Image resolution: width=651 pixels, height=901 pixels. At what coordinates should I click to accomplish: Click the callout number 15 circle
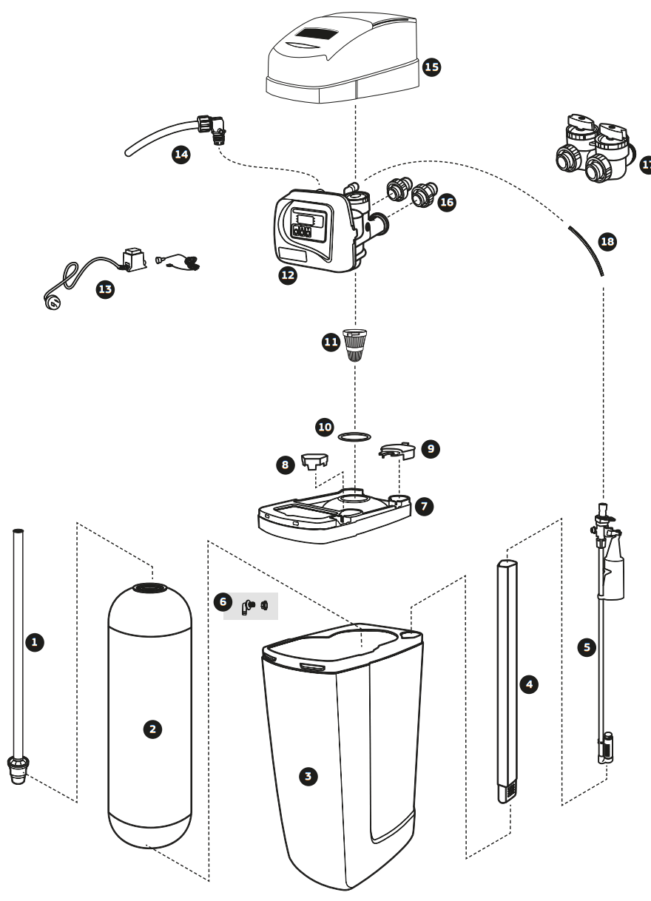[431, 67]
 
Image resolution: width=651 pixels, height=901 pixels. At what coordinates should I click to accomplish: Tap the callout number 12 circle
[287, 275]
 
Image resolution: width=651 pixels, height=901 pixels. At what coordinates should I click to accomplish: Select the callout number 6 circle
[222, 601]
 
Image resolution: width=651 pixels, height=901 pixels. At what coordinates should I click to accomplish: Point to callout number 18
[607, 241]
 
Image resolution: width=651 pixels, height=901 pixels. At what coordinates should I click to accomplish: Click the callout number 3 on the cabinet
[308, 776]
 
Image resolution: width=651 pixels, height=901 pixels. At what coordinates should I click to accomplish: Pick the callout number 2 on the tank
[152, 729]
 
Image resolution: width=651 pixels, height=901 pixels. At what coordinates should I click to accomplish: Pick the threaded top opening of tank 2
[151, 587]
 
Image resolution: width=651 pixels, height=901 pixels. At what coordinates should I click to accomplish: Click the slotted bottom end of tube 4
[508, 792]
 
